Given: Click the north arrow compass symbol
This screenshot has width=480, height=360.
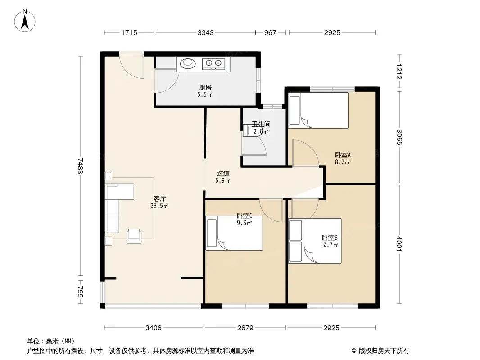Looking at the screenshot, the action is pos(25,21).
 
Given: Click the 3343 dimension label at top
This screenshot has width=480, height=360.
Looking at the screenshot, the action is pos(205,32).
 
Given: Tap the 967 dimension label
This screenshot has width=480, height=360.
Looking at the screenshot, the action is pos(270,32).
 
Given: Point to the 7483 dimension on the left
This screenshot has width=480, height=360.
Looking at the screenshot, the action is pos(80,166).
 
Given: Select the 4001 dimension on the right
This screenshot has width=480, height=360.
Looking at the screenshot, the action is pos(399,244).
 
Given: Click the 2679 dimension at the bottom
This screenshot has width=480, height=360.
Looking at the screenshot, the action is pos(245,328).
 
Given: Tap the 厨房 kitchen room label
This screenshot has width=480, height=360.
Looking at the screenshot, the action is pos(205,88).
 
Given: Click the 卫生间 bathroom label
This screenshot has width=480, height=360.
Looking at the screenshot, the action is pos(261,125).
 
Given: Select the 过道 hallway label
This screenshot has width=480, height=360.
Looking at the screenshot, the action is pos(223,174).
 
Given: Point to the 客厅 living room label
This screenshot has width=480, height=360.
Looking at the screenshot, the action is pos(159,199).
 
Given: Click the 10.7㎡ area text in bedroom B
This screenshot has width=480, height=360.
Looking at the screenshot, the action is pos(330,245).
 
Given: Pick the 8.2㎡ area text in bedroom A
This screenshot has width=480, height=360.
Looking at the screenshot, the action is pos(342,162).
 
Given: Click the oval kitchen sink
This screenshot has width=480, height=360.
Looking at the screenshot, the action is pos(188,63).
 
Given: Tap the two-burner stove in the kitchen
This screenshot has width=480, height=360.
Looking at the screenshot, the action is pos(213,63).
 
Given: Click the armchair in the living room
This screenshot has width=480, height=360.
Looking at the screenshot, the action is pos(134,236).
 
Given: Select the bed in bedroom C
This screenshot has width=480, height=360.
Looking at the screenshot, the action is pos(234,233).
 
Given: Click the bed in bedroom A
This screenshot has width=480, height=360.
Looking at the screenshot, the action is pos(318,110).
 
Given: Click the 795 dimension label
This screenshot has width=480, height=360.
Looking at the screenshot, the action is pos(80,292).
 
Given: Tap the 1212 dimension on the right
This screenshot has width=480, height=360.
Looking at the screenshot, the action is pos(399,72).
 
